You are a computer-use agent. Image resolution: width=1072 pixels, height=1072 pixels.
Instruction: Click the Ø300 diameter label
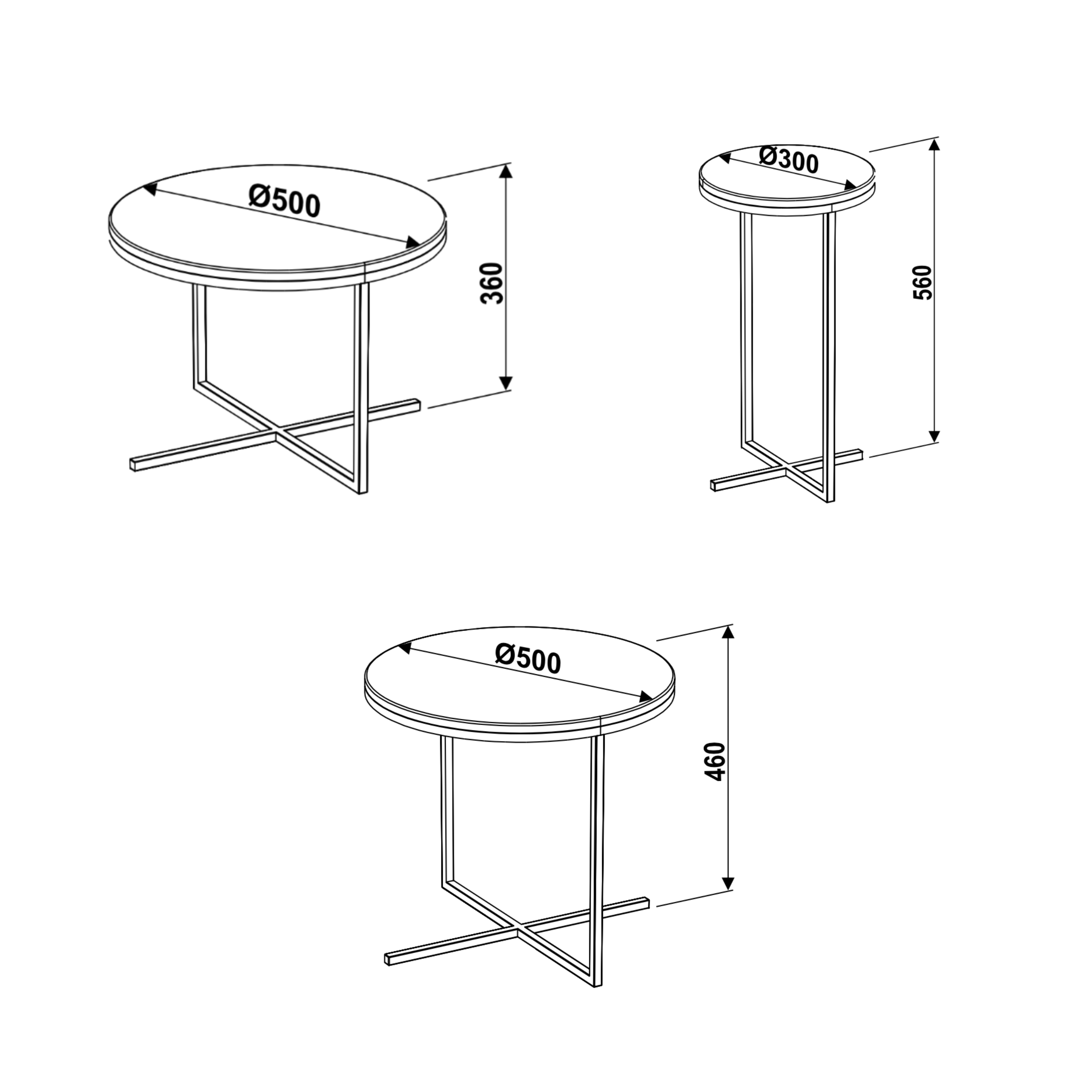(x=789, y=160)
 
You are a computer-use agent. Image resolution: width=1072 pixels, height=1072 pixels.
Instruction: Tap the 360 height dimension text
(x=492, y=283)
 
